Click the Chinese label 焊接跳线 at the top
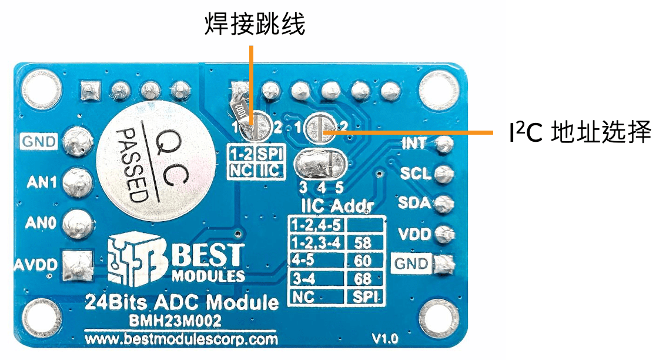click(x=255, y=24)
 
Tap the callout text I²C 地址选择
click(x=580, y=132)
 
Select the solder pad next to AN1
click(x=78, y=182)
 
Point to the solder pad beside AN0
click(x=78, y=223)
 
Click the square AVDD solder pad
click(x=78, y=265)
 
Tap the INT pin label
click(x=414, y=144)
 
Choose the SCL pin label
click(x=415, y=174)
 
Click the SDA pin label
click(x=414, y=203)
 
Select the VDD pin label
click(x=414, y=234)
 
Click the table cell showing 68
click(x=363, y=278)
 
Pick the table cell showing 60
click(x=363, y=261)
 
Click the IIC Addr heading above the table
click(x=337, y=206)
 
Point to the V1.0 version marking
click(x=385, y=338)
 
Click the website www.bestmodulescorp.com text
click(x=181, y=338)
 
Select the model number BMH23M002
click(x=175, y=321)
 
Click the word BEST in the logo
click(x=207, y=255)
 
